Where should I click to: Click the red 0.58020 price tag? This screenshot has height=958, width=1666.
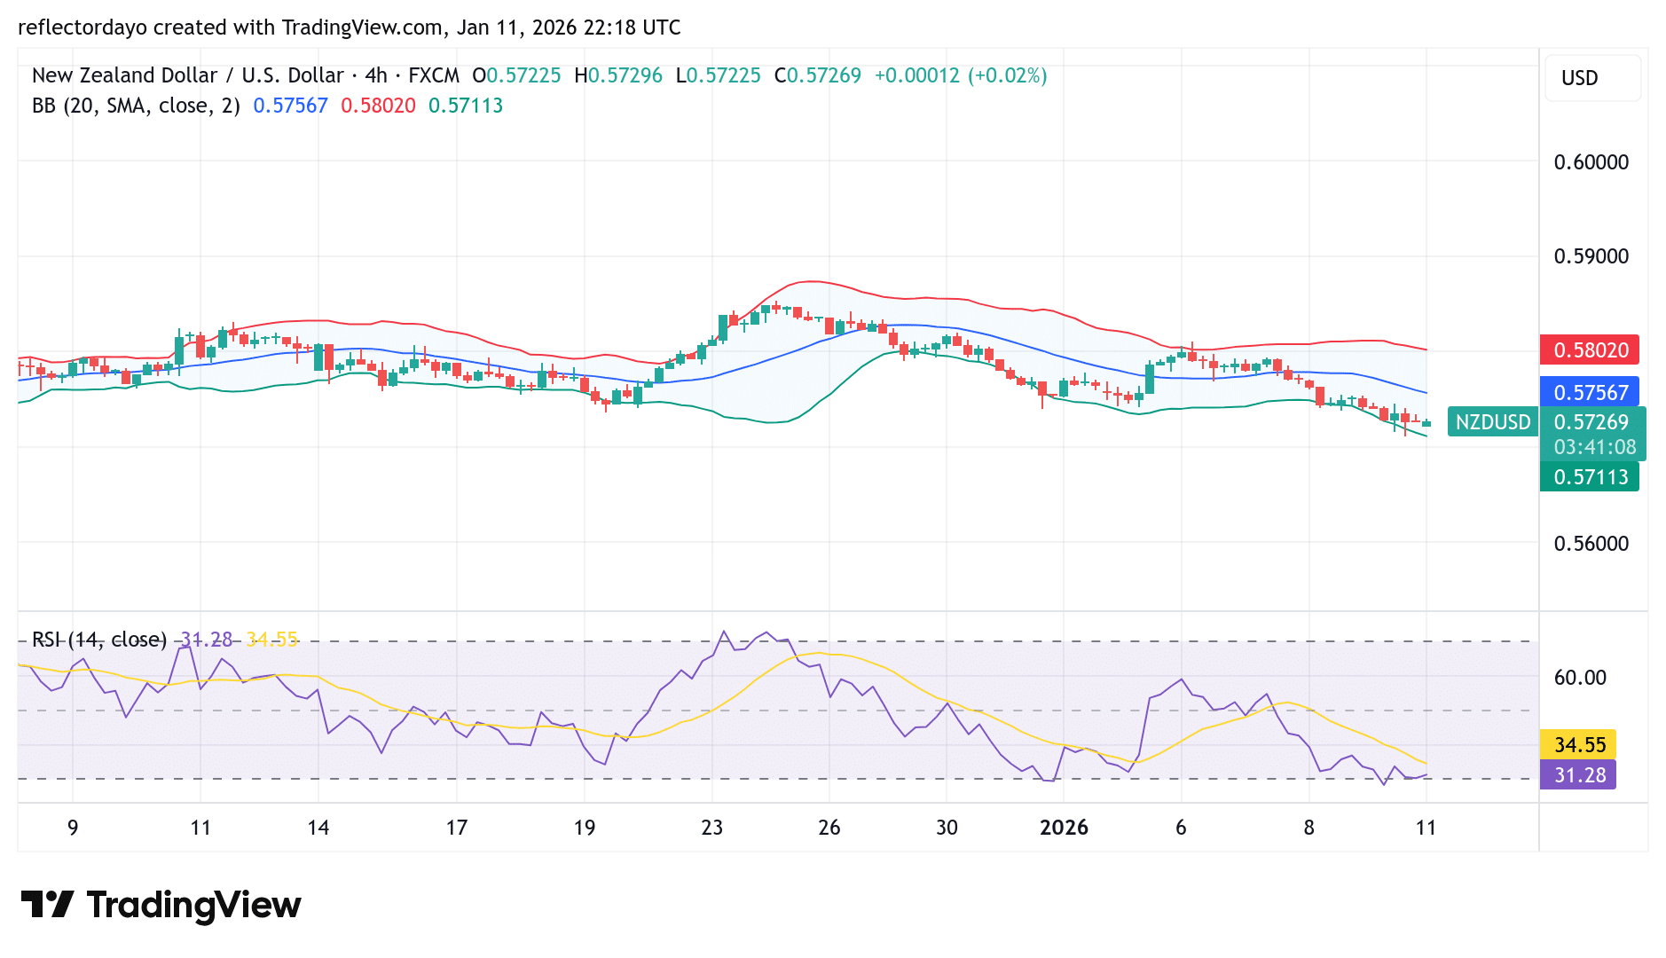coord(1589,350)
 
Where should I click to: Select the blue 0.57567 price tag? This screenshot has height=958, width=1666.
coord(1589,393)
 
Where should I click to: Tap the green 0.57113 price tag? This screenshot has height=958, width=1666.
coord(1589,477)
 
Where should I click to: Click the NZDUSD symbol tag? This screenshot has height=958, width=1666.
coord(1493,422)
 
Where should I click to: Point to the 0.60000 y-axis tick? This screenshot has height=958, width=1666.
coord(1591,162)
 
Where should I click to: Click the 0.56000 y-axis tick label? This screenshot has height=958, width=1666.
coord(1591,544)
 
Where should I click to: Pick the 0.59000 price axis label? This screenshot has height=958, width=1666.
coord(1591,256)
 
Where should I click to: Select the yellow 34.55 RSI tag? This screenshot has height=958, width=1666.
coord(1579,745)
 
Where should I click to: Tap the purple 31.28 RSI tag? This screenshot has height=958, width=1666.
coord(1579,775)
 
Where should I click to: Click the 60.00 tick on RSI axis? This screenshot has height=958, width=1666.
coord(1579,678)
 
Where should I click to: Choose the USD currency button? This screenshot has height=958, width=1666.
coord(1579,78)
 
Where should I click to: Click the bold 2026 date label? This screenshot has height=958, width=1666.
coord(1064,828)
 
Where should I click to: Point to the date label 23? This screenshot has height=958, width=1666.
coord(711,828)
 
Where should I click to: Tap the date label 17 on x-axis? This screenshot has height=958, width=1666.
coord(456,828)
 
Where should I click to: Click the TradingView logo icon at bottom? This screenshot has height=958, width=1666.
coord(47,905)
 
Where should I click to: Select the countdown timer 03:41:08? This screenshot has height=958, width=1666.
coord(1594,448)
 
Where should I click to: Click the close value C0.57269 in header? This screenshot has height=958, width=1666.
coord(817,75)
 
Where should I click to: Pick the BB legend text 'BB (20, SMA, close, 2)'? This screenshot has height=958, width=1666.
coord(136,106)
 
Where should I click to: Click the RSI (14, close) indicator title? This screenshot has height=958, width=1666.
coord(99,640)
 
